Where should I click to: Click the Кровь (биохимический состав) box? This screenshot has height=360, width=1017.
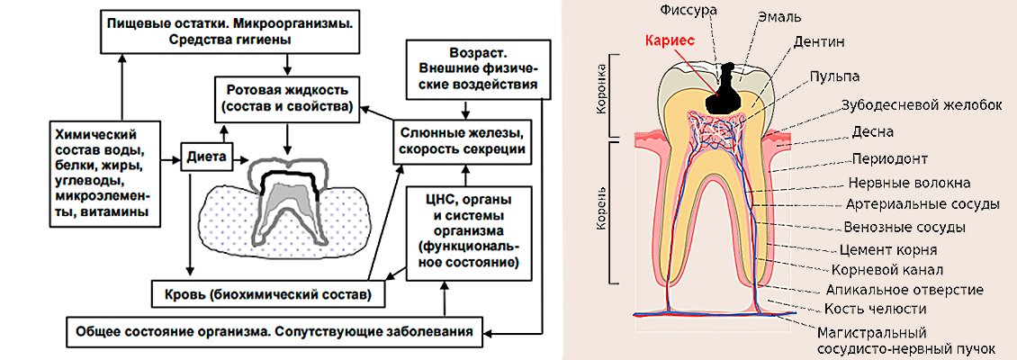[261, 293]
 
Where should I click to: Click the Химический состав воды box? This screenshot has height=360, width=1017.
[101, 170]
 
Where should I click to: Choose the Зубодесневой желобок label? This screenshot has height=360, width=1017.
[922, 104]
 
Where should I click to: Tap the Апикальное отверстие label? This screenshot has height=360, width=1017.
[904, 290]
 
